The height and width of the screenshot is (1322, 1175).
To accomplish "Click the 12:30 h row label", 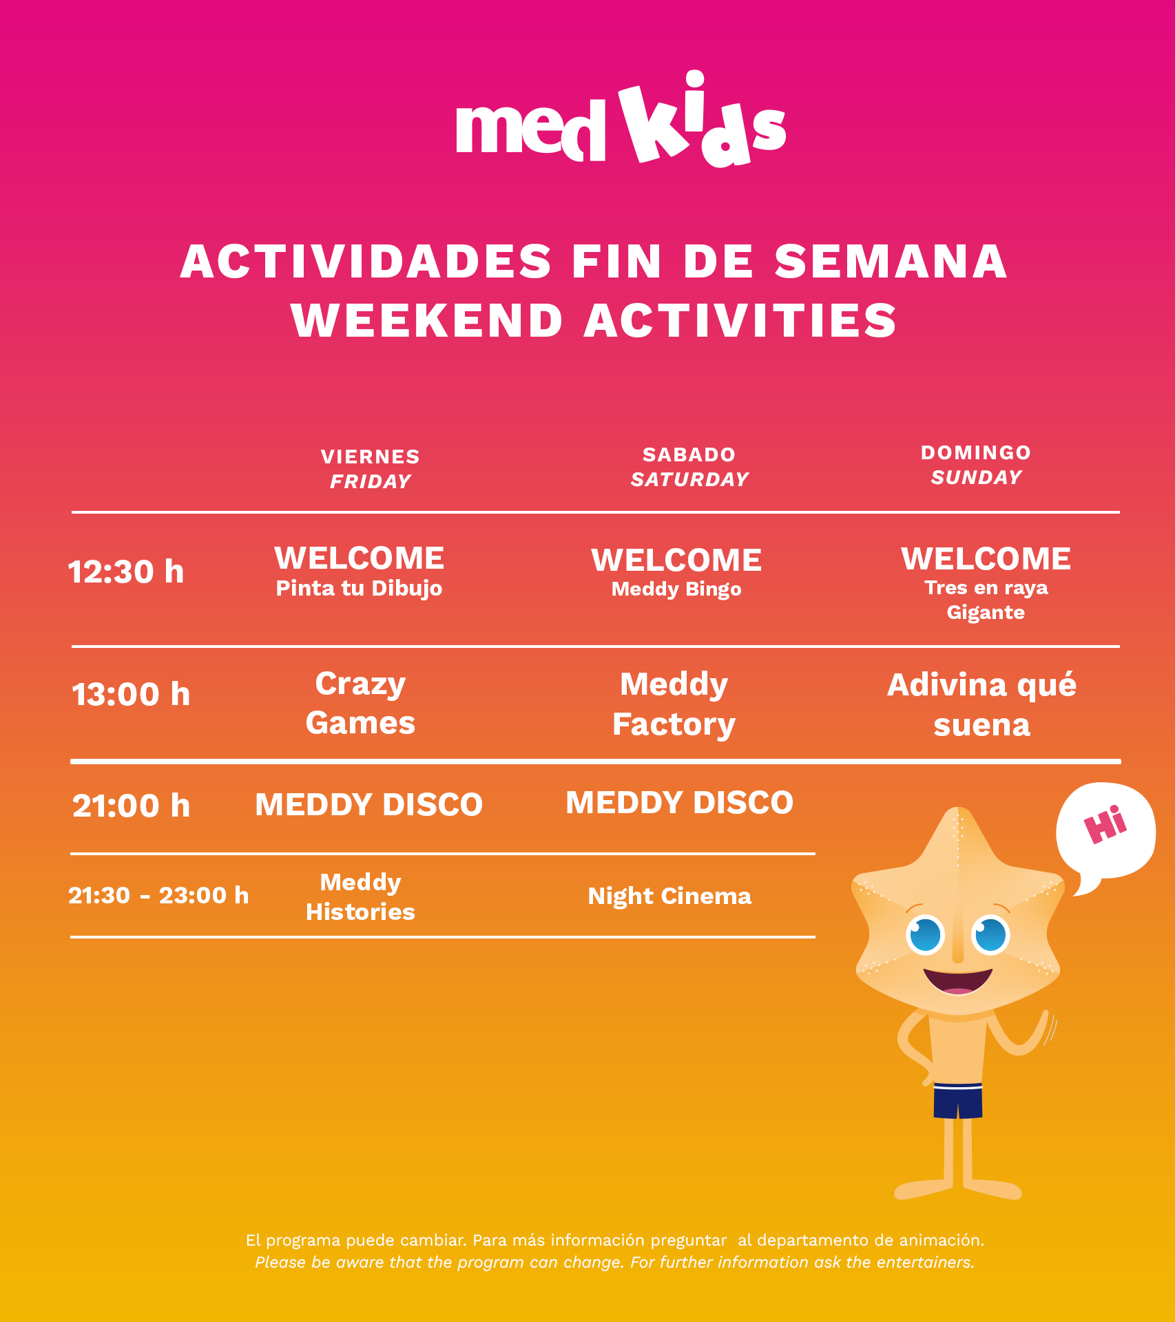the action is [126, 572].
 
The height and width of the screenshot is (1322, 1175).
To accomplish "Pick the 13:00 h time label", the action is [131, 694].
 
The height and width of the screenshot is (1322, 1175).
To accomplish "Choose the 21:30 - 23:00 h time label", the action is [158, 895].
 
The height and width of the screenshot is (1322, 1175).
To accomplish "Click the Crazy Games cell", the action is [360, 703].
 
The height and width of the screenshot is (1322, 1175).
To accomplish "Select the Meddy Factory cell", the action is [674, 704].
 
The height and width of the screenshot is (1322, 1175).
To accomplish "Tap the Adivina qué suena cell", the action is [982, 704].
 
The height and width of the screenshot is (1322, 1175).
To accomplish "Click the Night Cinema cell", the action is [669, 896].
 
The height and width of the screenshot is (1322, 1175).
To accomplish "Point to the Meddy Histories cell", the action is [360, 897].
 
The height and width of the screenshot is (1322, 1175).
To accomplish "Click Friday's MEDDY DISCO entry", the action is [369, 804].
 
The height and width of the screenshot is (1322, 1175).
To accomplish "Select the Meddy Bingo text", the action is [676, 589].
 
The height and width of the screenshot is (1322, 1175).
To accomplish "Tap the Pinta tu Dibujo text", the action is [359, 589].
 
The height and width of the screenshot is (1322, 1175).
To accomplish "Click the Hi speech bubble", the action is [1105, 833].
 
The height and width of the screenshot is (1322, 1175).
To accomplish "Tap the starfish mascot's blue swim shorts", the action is [958, 1101].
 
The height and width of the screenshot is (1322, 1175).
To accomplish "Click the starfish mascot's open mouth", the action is [958, 980].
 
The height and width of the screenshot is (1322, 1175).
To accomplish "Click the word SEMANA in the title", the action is [891, 262].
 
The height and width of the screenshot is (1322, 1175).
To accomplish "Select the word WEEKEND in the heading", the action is [427, 321].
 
